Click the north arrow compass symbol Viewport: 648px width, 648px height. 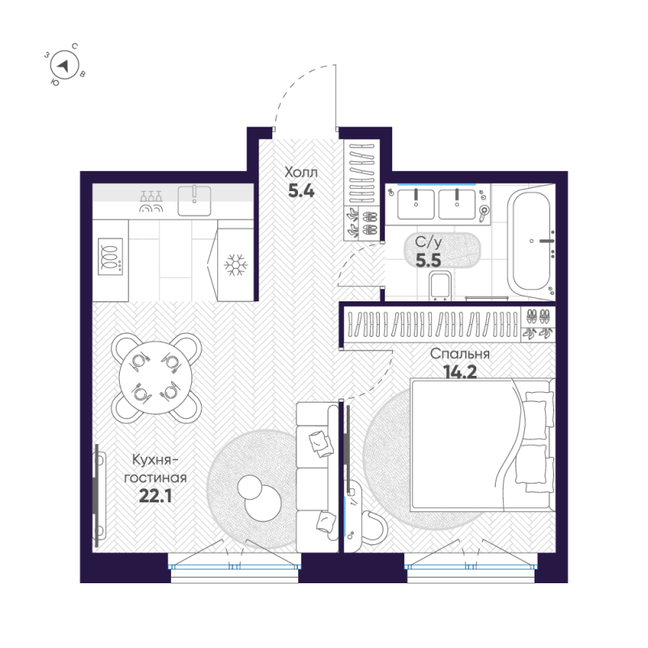pyautogui.click(x=65, y=66)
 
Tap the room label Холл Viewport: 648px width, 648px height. pyautogui.click(x=301, y=172)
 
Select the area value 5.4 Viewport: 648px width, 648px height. pyautogui.click(x=301, y=191)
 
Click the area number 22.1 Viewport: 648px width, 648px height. pyautogui.click(x=156, y=496)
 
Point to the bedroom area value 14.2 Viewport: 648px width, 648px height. pyautogui.click(x=460, y=372)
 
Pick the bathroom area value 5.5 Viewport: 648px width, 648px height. pyautogui.click(x=428, y=260)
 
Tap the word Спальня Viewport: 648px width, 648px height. pyautogui.click(x=460, y=354)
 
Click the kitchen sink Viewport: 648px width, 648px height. pyautogui.click(x=194, y=201)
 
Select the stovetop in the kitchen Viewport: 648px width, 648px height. pyautogui.click(x=110, y=256)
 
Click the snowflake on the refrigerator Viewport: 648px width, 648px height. pyautogui.click(x=236, y=265)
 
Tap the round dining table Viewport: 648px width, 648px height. pyautogui.click(x=156, y=377)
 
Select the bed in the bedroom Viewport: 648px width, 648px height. pyautogui.click(x=482, y=445)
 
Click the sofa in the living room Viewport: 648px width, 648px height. pyautogui.click(x=318, y=477)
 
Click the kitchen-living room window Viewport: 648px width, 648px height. pyautogui.click(x=234, y=566)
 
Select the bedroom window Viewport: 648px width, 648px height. pyautogui.click(x=471, y=566)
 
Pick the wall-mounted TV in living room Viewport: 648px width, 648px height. pyautogui.click(x=96, y=495)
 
